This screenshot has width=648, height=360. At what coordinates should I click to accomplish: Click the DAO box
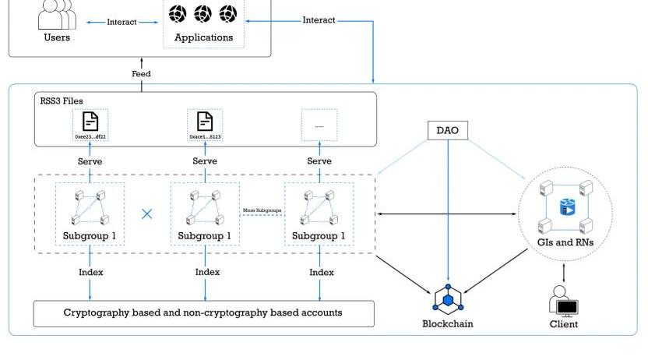pyautogui.click(x=449, y=130)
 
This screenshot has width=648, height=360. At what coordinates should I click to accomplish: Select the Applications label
pyautogui.click(x=202, y=37)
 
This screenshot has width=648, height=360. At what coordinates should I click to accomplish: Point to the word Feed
pyautogui.click(x=141, y=74)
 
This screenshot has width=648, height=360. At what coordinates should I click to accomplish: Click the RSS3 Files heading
pyautogui.click(x=62, y=101)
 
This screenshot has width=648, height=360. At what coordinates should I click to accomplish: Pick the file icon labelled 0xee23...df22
pyautogui.click(x=90, y=122)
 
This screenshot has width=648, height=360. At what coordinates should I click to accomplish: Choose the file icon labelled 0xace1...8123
pyautogui.click(x=204, y=122)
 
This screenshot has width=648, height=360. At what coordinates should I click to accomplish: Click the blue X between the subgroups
pyautogui.click(x=146, y=213)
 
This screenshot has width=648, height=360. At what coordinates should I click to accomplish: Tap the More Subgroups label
pyautogui.click(x=262, y=210)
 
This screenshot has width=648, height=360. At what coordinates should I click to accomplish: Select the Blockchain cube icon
pyautogui.click(x=448, y=299)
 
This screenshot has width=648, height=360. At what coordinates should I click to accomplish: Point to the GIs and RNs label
pyautogui.click(x=565, y=242)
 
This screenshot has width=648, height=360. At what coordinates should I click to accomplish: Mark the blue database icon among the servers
pyautogui.click(x=566, y=206)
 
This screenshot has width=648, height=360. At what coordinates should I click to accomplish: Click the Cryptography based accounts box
pyautogui.click(x=203, y=313)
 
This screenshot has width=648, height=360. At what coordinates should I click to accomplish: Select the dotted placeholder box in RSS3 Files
pyautogui.click(x=319, y=125)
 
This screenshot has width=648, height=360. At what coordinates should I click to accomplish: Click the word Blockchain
pyautogui.click(x=447, y=323)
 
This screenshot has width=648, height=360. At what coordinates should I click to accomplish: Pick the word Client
pyautogui.click(x=564, y=324)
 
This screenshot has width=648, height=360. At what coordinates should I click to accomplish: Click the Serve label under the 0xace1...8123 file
pyautogui.click(x=205, y=161)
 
